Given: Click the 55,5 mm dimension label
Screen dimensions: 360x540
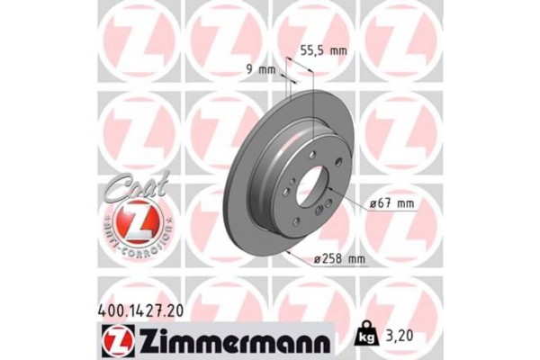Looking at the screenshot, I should [323, 51].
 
